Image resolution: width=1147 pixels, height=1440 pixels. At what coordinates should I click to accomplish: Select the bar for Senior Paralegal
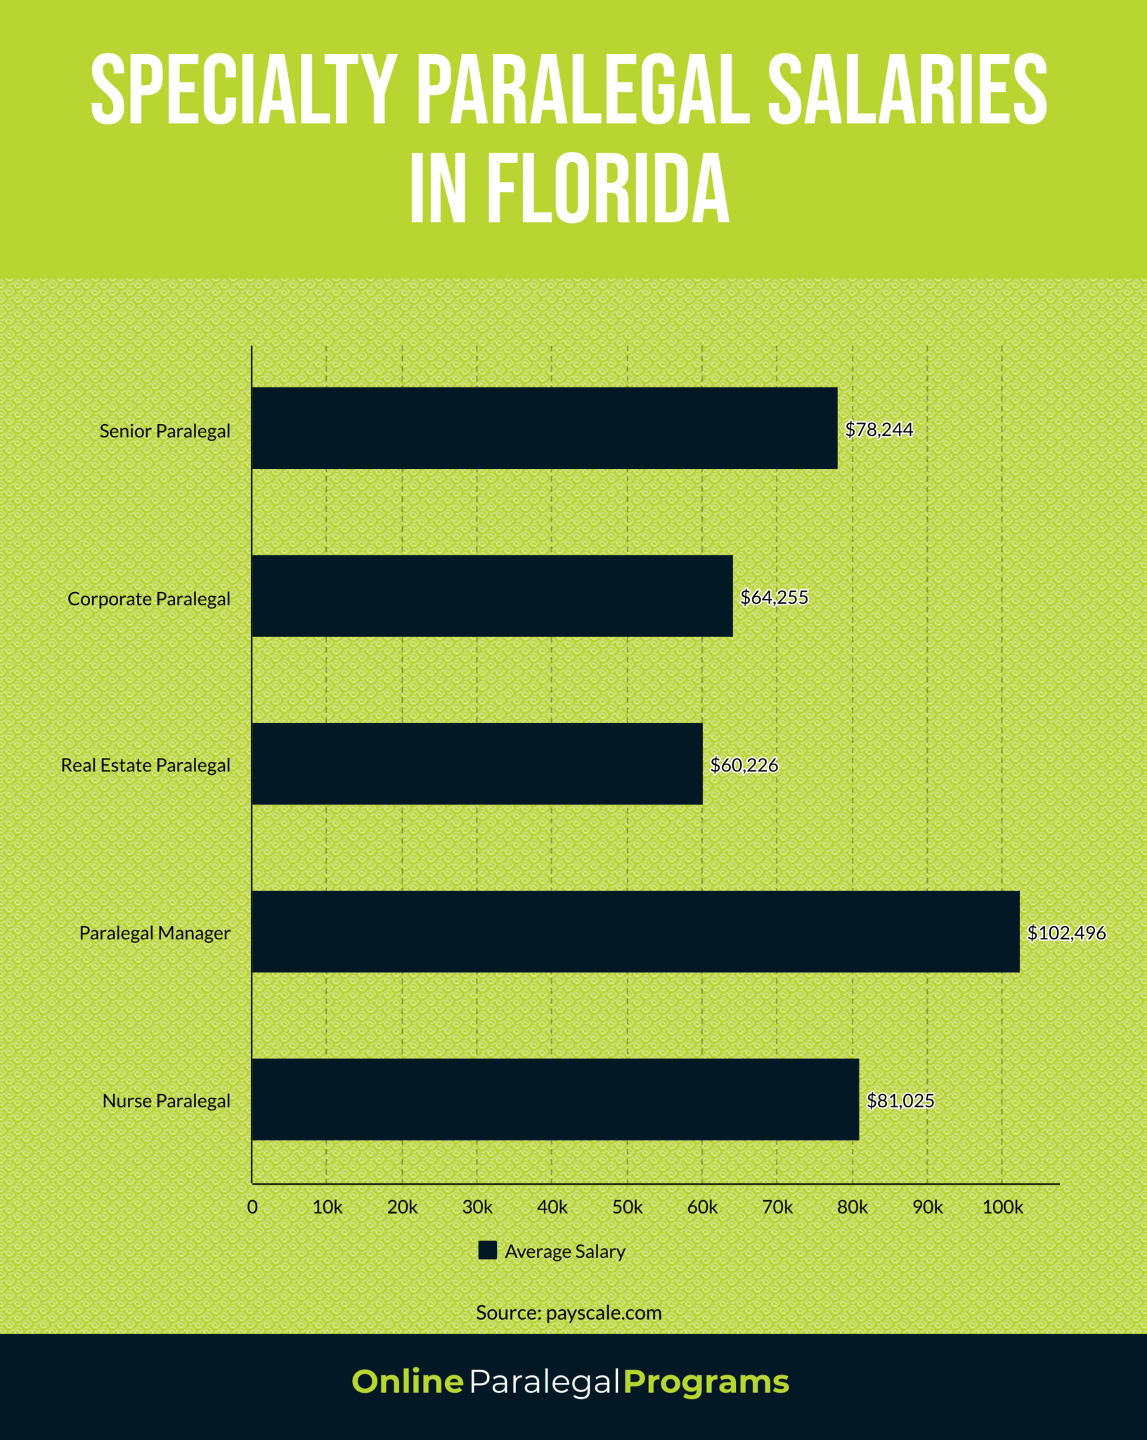(545, 427)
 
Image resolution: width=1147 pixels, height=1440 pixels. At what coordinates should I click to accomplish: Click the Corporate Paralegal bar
(492, 596)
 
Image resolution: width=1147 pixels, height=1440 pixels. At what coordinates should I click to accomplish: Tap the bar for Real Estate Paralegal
(477, 764)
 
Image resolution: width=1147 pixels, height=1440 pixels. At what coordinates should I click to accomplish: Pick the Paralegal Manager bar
(635, 932)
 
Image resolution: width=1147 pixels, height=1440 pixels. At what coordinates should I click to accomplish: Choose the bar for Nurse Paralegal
(555, 1100)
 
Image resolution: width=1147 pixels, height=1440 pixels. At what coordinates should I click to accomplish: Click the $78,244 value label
(879, 430)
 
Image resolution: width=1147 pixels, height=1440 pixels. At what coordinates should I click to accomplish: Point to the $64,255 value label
(775, 598)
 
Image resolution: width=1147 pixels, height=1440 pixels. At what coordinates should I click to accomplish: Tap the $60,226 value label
(744, 765)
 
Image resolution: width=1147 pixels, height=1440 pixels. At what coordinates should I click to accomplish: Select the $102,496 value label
(1066, 933)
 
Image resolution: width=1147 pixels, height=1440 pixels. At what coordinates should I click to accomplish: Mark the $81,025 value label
(900, 1101)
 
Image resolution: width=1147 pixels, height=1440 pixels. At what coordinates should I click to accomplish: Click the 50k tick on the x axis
(628, 1207)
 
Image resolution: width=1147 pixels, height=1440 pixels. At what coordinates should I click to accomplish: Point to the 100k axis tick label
(1002, 1207)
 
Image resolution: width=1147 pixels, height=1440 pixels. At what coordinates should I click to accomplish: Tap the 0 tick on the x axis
(252, 1207)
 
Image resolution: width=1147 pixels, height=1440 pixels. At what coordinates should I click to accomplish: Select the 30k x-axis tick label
(477, 1207)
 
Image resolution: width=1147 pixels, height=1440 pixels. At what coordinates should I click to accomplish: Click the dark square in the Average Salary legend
(488, 1250)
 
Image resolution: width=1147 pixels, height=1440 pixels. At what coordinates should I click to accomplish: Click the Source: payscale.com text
(569, 1313)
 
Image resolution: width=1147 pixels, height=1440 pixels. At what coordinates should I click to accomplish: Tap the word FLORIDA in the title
(608, 188)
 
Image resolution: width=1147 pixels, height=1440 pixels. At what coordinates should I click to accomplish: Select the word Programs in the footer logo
(706, 1382)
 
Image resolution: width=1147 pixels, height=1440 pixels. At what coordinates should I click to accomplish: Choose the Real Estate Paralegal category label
(145, 765)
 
